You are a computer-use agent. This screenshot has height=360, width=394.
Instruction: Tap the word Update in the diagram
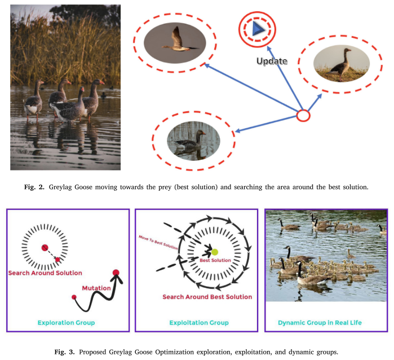point(272,61)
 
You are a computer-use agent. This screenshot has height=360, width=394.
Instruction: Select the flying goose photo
point(174,43)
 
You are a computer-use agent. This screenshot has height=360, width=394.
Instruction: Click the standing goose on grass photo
point(340,64)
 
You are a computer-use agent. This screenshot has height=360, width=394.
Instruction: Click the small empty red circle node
point(303,116)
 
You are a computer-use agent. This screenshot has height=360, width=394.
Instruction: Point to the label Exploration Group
point(66,323)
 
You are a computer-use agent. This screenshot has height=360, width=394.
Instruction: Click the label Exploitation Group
point(199,323)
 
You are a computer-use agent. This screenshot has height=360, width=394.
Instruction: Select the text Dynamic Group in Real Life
point(326,323)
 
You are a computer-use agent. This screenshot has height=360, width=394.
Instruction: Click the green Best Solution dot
point(214,252)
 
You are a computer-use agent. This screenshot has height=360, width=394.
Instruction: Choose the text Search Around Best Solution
point(207,297)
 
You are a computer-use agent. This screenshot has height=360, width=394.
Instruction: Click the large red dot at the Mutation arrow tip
point(116,274)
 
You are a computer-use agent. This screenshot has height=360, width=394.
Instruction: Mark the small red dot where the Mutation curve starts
point(74,297)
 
